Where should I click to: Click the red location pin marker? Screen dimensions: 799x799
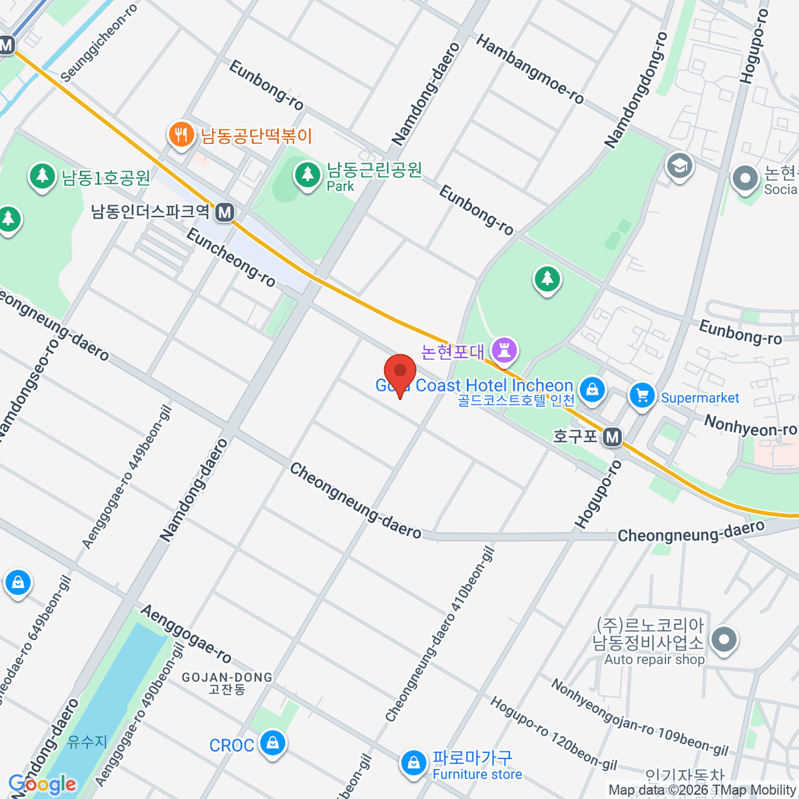click(x=400, y=373)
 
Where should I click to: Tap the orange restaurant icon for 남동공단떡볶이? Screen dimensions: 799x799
click(x=180, y=134)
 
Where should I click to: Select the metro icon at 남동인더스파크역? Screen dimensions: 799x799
click(x=225, y=212)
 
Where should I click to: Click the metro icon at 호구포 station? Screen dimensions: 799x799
click(x=613, y=437)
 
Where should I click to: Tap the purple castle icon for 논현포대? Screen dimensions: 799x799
click(x=504, y=350)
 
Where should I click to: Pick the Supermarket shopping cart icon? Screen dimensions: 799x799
click(x=642, y=396)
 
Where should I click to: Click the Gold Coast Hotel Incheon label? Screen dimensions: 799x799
click(x=475, y=386)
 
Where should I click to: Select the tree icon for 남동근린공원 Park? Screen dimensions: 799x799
click(x=307, y=174)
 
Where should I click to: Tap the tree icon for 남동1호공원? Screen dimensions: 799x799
click(x=43, y=176)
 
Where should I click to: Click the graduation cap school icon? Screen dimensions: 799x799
click(x=679, y=166)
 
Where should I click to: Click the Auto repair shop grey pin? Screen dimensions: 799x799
click(x=723, y=640)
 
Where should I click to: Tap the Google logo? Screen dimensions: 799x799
click(x=43, y=784)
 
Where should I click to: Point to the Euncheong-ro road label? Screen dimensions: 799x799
click(x=230, y=258)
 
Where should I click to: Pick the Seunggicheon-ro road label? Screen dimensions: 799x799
click(x=99, y=43)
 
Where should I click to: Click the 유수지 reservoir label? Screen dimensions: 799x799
click(x=87, y=741)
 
